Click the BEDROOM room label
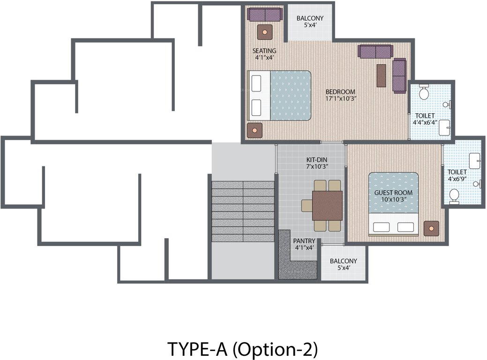[340, 91]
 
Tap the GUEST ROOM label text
[393, 193]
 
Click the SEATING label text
[264, 51]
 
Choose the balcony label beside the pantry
[343, 261]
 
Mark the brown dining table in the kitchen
[327, 205]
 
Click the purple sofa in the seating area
[265, 15]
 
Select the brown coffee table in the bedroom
[382, 75]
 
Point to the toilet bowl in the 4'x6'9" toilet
[454, 195]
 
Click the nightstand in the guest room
[431, 228]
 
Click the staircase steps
[242, 211]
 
